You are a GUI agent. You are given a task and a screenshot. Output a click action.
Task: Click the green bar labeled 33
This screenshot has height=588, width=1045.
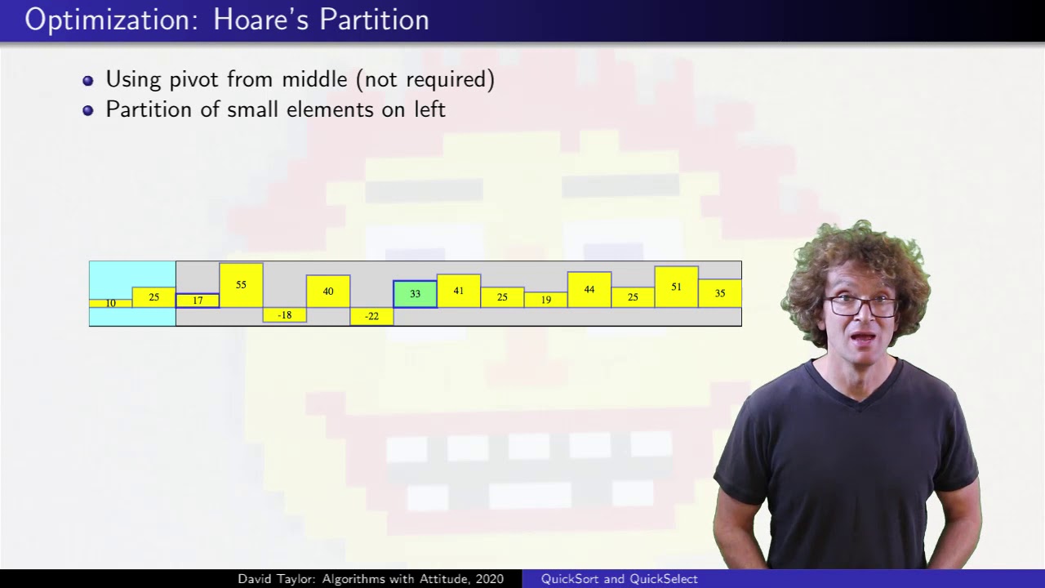[416, 294]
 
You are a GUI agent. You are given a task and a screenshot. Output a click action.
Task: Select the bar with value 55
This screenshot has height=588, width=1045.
[241, 285]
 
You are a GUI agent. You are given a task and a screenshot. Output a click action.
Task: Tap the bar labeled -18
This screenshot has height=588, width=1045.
[285, 315]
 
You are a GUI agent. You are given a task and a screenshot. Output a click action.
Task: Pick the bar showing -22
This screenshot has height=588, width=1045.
[371, 316]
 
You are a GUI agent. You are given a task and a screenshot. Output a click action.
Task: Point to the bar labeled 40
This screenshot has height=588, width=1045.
[328, 292]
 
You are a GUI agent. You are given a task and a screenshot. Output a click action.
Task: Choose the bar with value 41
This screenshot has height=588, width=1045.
[459, 291]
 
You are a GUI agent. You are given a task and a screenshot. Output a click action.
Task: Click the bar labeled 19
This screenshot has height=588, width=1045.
[546, 300]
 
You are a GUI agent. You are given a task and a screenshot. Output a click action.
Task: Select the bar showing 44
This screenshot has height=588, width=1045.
[589, 290]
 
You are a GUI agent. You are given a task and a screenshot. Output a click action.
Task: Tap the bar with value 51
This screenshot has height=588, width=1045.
[677, 287]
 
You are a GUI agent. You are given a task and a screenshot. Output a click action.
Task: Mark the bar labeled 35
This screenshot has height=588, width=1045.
[720, 293]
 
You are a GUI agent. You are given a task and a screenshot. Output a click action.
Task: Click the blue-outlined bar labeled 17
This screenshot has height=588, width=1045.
[198, 301]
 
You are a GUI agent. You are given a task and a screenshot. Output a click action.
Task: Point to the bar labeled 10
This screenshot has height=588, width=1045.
[110, 303]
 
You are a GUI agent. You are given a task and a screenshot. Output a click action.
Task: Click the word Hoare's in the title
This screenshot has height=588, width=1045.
[260, 20]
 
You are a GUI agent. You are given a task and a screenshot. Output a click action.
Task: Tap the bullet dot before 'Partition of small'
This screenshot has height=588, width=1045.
[87, 110]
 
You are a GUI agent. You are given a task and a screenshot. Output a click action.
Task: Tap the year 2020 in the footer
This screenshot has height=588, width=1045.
[490, 579]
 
